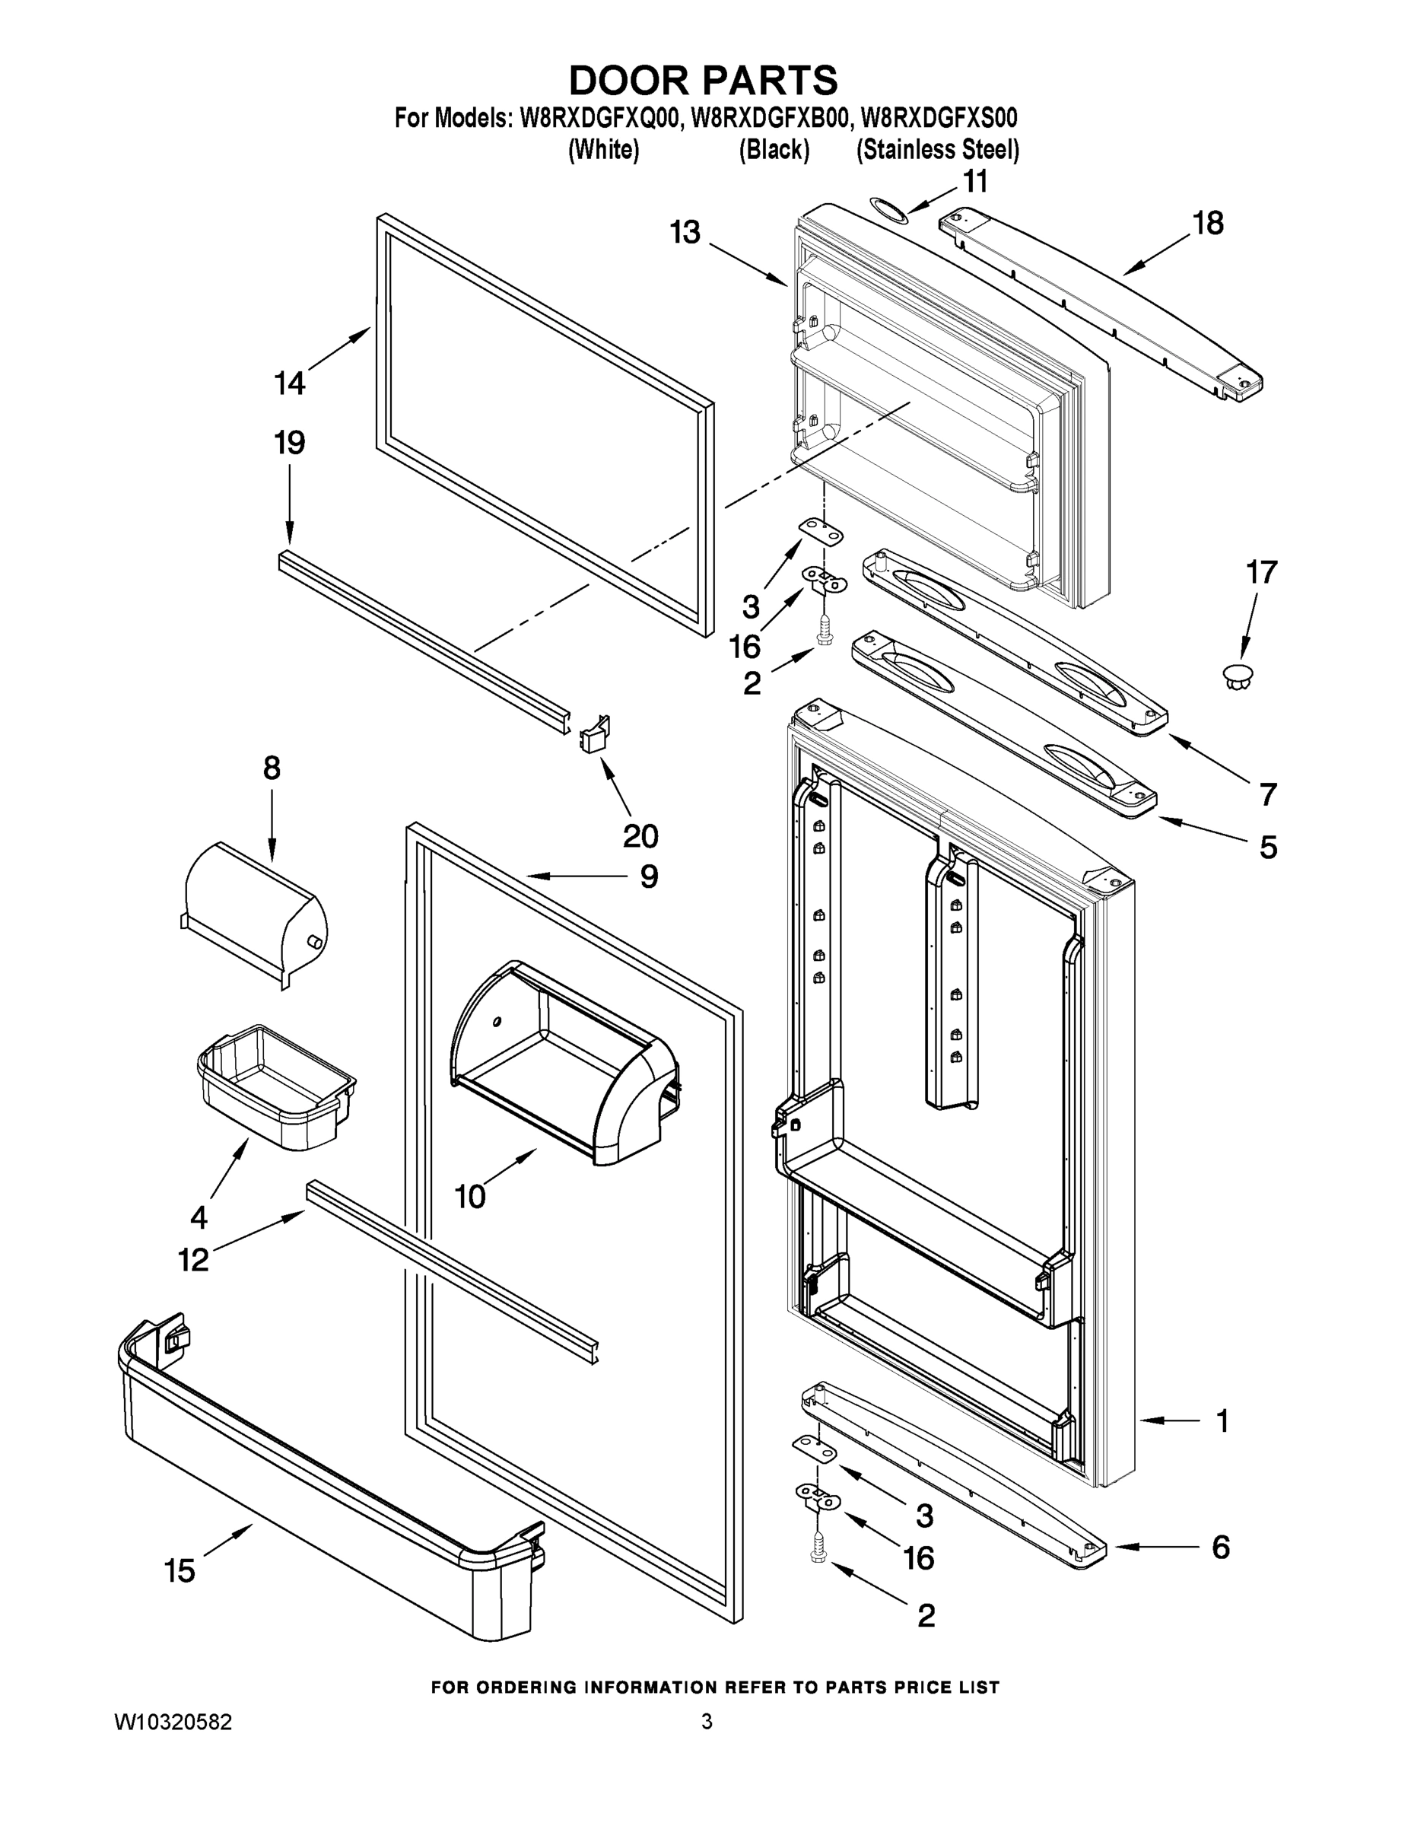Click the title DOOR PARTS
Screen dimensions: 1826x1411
(x=703, y=81)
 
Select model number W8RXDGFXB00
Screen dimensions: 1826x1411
(x=770, y=118)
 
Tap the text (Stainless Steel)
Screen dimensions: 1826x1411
(x=937, y=150)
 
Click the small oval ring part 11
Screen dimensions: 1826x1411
(x=886, y=209)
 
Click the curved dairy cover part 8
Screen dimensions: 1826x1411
(x=255, y=911)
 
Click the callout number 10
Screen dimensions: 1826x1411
(x=470, y=1197)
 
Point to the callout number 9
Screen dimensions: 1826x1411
(x=649, y=876)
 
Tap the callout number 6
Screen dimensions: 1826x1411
(x=1220, y=1548)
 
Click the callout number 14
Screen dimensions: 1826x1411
(x=290, y=383)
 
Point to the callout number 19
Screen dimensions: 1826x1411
(x=290, y=442)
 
